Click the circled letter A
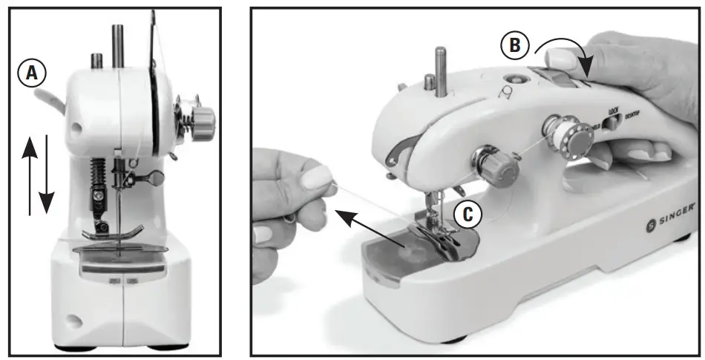[31, 72]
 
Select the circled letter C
[468, 213]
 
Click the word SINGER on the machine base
[676, 217]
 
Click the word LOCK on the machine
[613, 111]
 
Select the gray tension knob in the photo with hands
[503, 170]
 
